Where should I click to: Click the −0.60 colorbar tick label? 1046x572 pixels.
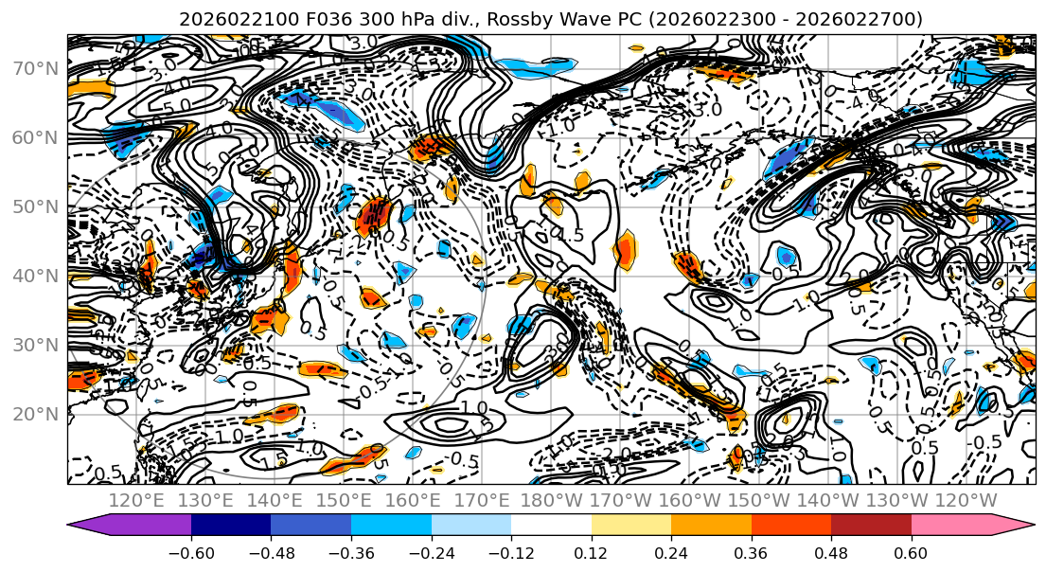(191, 552)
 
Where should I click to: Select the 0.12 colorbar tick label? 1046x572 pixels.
(592, 552)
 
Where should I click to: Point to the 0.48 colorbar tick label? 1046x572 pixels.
(831, 552)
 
